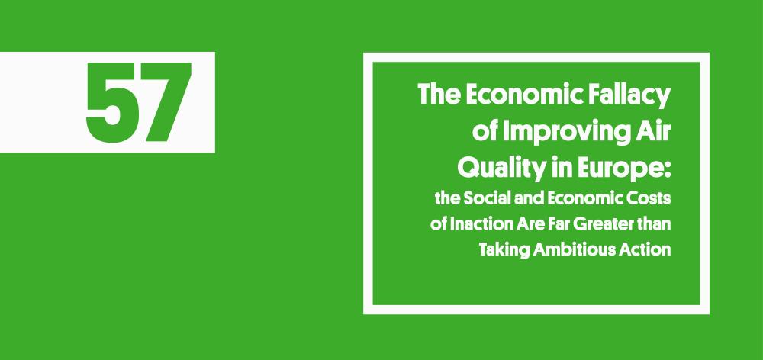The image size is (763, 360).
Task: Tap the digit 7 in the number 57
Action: (x=164, y=102)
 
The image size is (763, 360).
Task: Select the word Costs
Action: (x=645, y=200)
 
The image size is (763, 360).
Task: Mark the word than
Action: (x=655, y=225)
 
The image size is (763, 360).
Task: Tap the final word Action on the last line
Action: (x=645, y=249)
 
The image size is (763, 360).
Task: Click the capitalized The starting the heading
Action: (x=436, y=97)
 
